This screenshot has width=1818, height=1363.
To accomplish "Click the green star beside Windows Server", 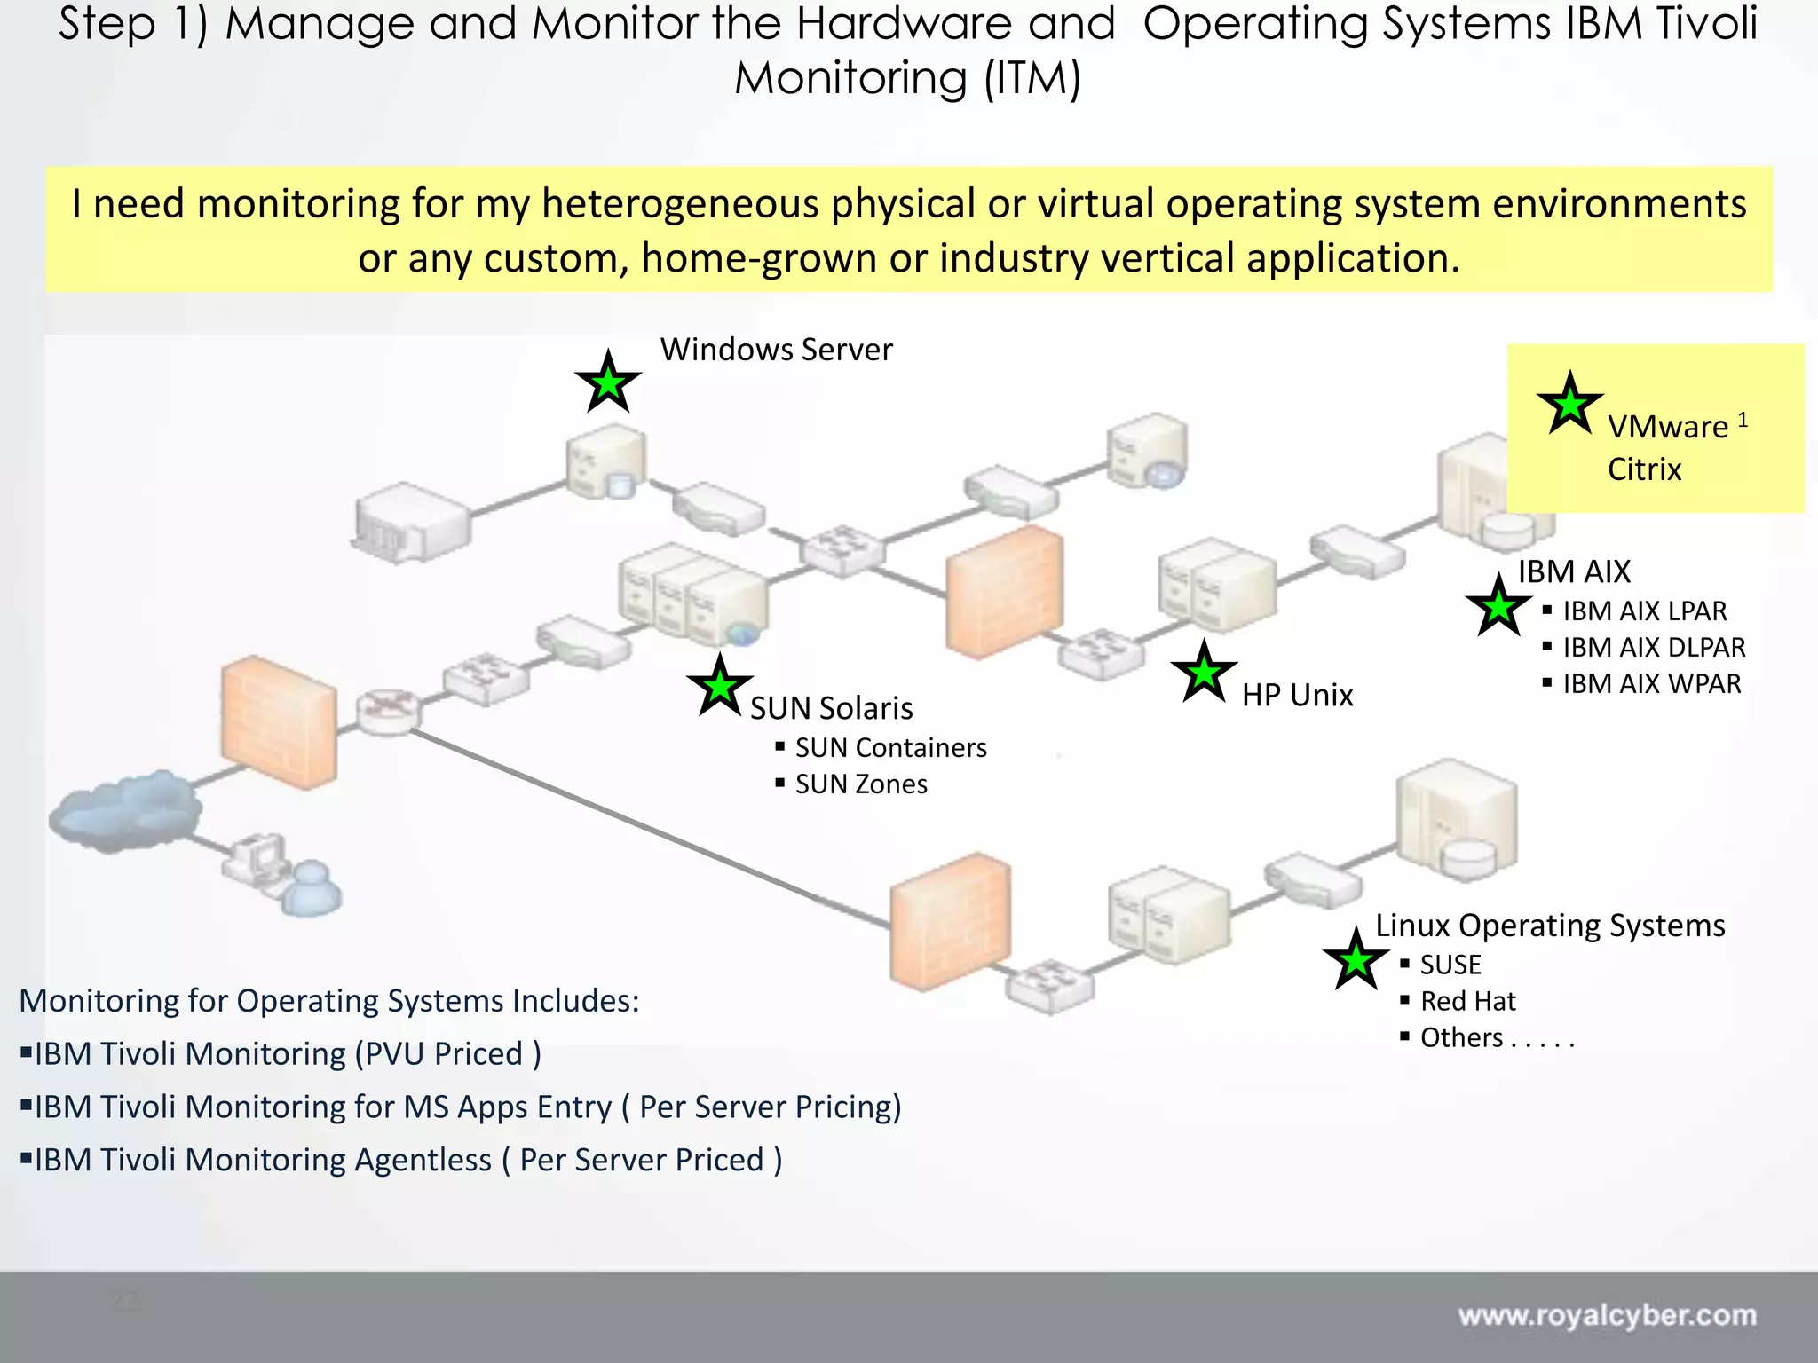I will coord(608,383).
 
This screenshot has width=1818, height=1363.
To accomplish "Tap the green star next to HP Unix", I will coord(1204,674).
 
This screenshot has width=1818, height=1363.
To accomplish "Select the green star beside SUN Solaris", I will coord(720,687).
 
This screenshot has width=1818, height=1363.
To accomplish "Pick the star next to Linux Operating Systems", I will coord(1356,960).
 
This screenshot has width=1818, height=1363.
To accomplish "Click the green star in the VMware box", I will coord(1569,405).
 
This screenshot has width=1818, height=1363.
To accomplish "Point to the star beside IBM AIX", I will coord(1498,607).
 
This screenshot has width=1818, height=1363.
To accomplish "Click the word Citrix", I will coord(1644,469).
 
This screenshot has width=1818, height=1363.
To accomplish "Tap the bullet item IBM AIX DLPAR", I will coord(1653,647).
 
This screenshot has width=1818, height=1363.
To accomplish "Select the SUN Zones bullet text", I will coord(860,784).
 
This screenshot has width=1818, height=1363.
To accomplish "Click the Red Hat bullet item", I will coord(1467,1001).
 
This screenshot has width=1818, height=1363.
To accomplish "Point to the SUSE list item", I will coord(1450,965).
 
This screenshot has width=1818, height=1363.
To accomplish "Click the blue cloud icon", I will coord(124,809).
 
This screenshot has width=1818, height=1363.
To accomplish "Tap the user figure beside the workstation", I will coord(311,889).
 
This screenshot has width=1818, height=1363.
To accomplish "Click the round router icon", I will coord(388,710).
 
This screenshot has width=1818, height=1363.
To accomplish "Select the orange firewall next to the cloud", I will coord(278,721).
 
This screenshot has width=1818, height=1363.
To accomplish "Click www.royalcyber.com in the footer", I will coord(1607,1315).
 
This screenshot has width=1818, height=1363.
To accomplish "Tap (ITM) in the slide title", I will coord(1032,78).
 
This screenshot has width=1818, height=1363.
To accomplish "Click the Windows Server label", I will coord(776,350).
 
